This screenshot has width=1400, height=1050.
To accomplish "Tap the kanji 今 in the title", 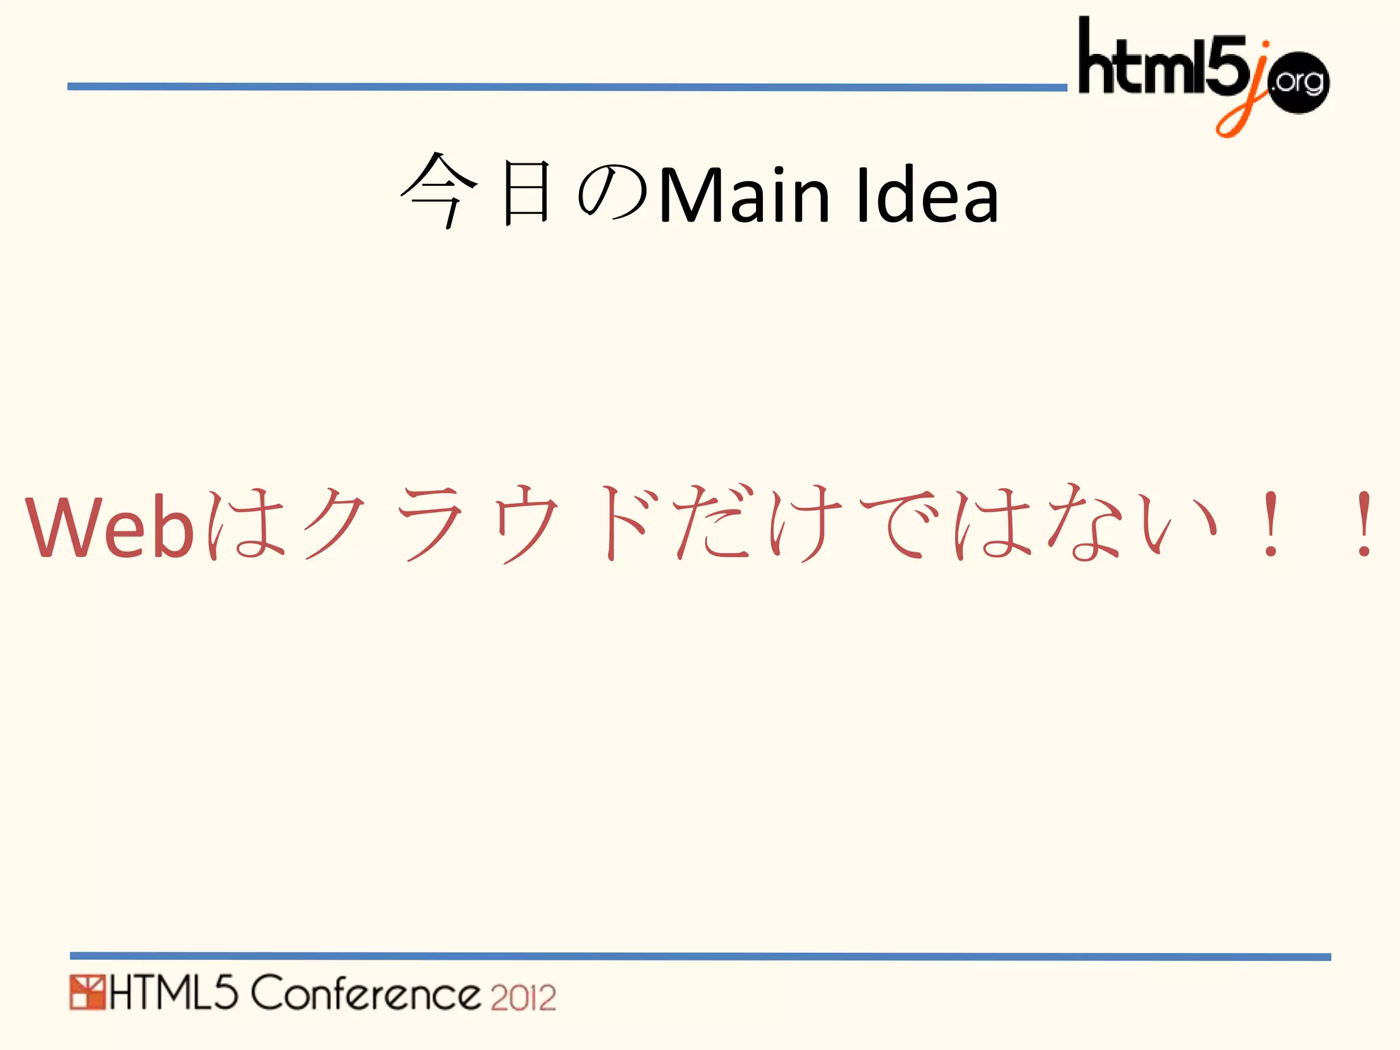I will click(438, 191).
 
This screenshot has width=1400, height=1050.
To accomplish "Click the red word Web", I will click(109, 526).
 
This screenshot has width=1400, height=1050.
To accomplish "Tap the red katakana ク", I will click(335, 523).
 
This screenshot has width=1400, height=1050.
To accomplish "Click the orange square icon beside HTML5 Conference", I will click(87, 993).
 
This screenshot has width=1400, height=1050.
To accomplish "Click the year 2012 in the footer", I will click(523, 997).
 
